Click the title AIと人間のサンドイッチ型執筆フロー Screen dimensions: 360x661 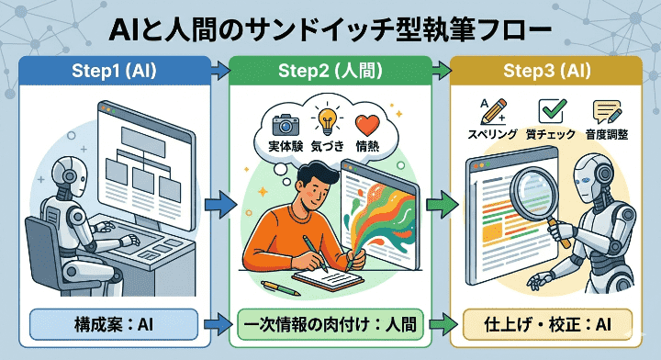[x=330, y=29]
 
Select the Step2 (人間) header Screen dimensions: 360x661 [x=330, y=70]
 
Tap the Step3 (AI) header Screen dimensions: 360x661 [x=547, y=70]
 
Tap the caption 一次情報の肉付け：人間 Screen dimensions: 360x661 [x=330, y=323]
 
